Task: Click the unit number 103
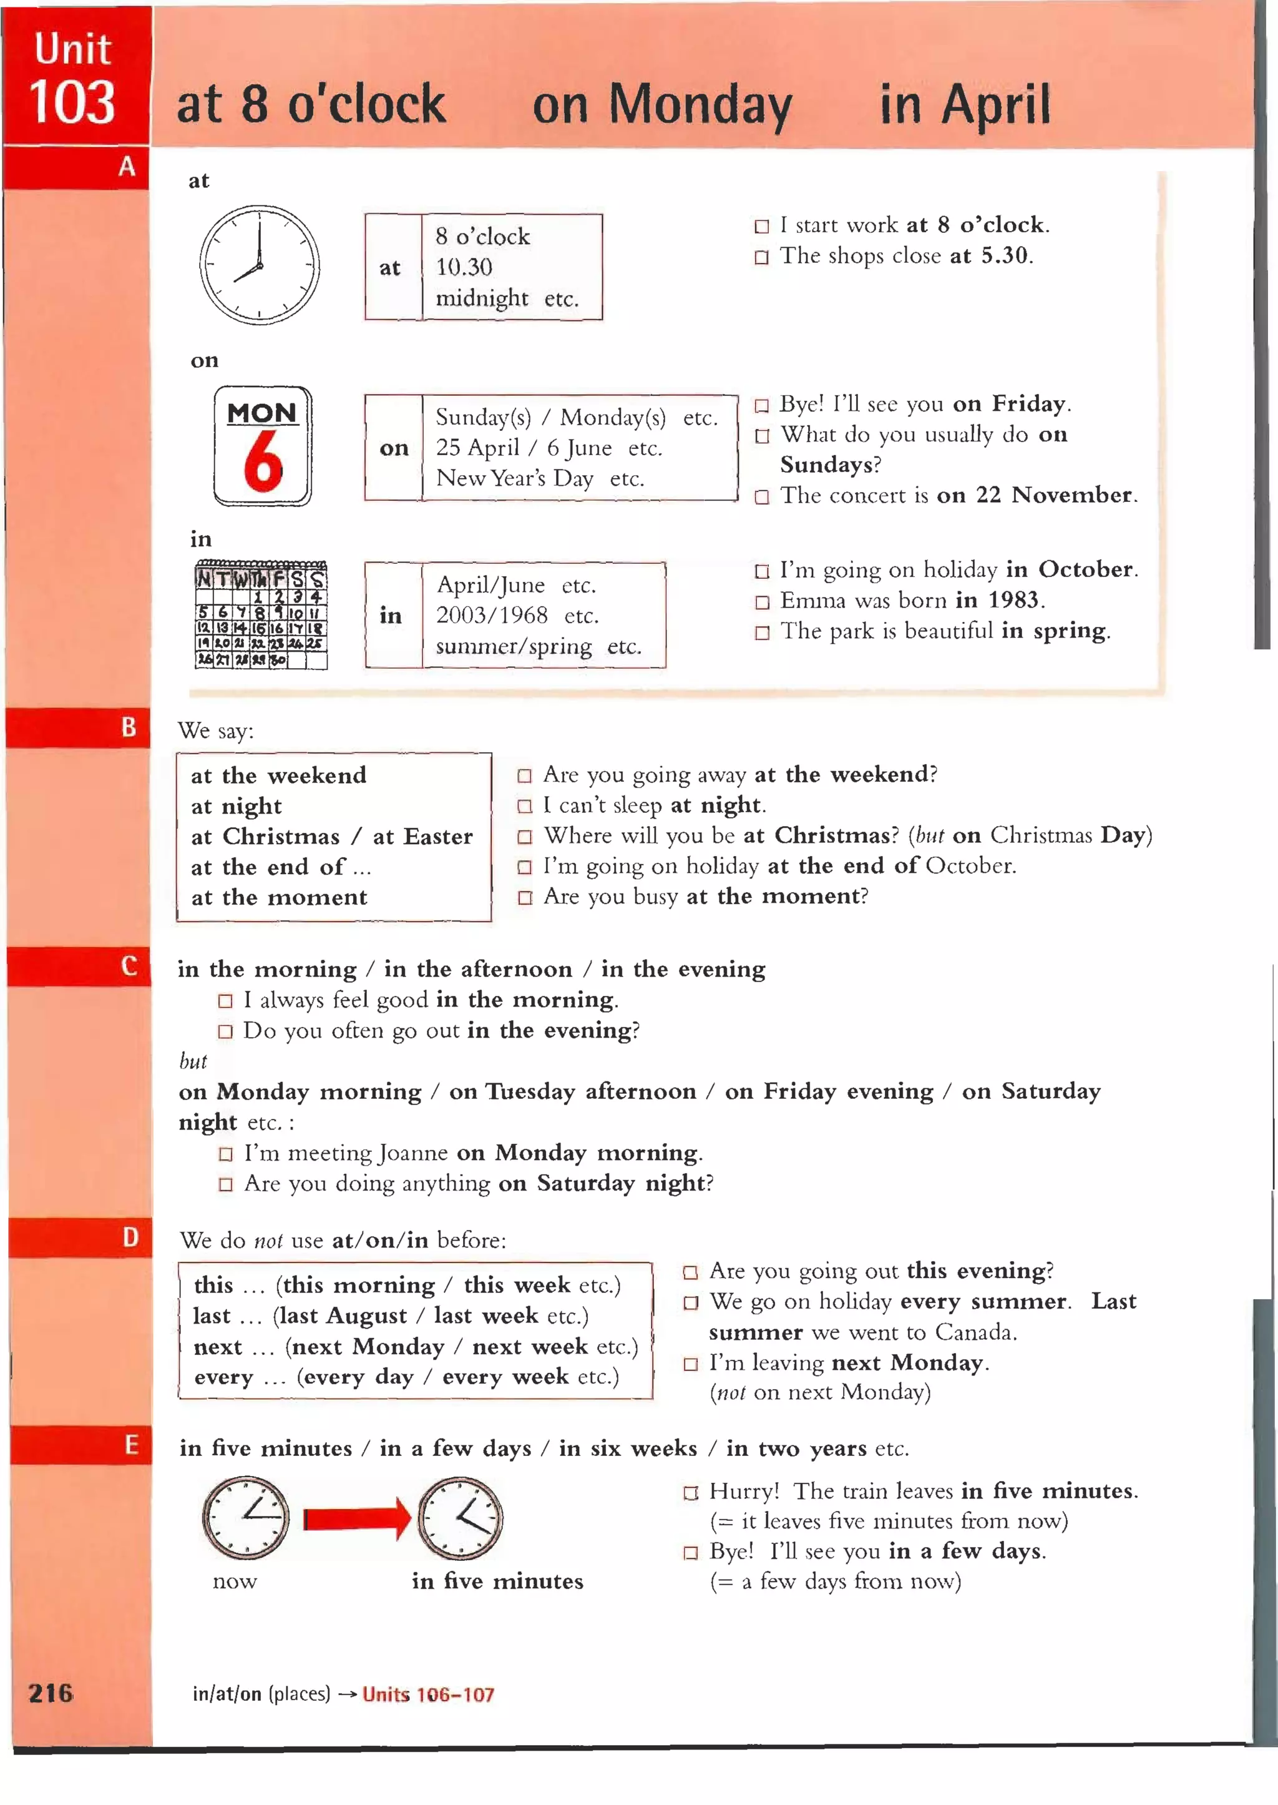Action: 72,103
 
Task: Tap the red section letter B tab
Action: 129,727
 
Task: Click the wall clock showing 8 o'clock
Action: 259,265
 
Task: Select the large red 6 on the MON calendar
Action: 263,461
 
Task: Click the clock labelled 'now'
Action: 245,1518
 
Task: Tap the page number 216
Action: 51,1693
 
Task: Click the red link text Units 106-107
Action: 428,1694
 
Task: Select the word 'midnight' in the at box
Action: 482,298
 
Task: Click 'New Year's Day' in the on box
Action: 515,479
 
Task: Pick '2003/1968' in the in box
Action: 492,615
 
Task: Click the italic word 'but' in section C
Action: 193,1061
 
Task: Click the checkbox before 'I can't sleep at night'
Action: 524,806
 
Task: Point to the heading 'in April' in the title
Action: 965,104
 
